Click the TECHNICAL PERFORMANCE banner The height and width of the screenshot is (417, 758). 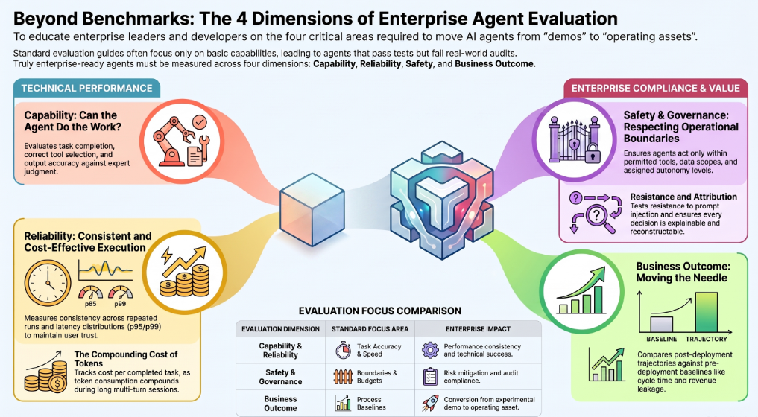click(86, 89)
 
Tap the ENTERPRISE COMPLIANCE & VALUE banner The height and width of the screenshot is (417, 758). click(655, 89)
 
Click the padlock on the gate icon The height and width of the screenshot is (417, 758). click(593, 155)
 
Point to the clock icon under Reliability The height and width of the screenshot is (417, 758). click(48, 283)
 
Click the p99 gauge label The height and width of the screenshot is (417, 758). click(120, 304)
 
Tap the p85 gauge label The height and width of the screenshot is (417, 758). click(90, 304)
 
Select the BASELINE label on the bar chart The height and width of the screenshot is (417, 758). click(661, 340)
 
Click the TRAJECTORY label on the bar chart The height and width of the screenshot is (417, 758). click(707, 340)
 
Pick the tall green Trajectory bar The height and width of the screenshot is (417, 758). click(706, 312)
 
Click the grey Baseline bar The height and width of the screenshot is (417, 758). click(661, 324)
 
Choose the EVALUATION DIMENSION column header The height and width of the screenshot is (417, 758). click(280, 329)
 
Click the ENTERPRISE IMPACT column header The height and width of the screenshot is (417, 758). click(478, 329)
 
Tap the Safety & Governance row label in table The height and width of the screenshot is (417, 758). click(280, 377)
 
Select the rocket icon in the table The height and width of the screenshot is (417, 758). click(430, 403)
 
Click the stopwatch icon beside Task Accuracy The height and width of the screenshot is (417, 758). click(344, 350)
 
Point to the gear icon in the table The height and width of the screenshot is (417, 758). click(430, 350)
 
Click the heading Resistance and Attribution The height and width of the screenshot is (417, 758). click(683, 197)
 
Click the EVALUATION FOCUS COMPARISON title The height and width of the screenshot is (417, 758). click(380, 311)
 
